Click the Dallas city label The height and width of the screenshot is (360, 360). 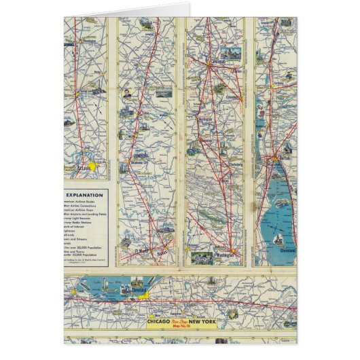[161, 251]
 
